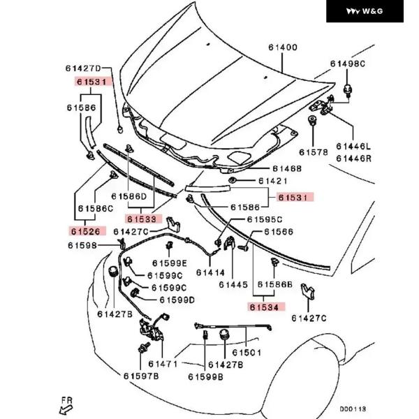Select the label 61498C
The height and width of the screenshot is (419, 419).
348,64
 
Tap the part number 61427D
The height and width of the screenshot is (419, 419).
84,68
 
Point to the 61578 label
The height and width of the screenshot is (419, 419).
314,152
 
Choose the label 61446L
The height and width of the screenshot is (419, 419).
353,147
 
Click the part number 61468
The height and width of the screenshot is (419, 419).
287,168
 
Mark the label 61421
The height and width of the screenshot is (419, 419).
273,180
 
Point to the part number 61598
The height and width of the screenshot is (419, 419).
82,244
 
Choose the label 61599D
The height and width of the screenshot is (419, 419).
177,300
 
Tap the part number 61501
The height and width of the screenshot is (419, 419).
247,353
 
